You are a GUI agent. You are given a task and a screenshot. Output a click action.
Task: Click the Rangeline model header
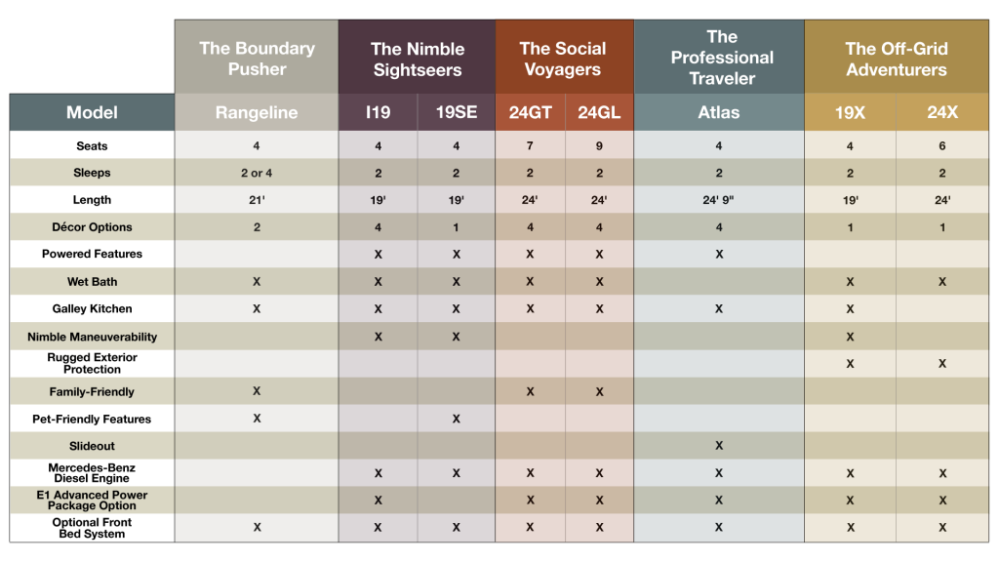click(257, 113)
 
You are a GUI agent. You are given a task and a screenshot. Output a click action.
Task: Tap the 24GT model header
click(530, 113)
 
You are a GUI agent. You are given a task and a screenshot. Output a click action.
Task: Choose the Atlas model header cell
click(719, 113)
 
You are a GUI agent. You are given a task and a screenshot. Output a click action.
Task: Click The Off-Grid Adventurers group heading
click(896, 59)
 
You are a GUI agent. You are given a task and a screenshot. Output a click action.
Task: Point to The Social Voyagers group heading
click(563, 59)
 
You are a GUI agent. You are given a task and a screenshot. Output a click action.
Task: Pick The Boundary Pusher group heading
click(257, 59)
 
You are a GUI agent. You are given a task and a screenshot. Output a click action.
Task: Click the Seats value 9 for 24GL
click(599, 146)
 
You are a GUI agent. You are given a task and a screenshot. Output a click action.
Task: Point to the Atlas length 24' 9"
click(719, 200)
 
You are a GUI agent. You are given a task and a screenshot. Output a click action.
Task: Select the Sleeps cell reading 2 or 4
click(257, 173)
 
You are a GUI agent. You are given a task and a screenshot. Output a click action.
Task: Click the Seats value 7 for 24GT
click(530, 146)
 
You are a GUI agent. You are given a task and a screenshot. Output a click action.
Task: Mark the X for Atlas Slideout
click(719, 446)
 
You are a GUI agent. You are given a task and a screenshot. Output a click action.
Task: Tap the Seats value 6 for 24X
click(942, 146)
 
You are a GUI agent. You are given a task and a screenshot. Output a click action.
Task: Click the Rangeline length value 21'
click(257, 200)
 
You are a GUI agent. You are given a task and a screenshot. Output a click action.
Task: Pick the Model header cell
click(92, 113)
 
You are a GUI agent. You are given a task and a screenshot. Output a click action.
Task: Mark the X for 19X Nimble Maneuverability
click(850, 337)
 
